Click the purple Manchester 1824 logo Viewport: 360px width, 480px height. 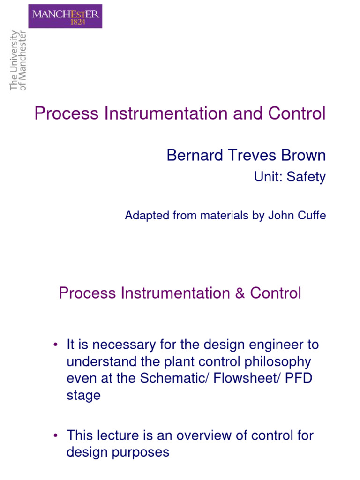[65, 16]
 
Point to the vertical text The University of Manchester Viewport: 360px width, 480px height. [18, 60]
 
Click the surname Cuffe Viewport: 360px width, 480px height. [311, 216]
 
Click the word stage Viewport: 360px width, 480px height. [83, 396]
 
